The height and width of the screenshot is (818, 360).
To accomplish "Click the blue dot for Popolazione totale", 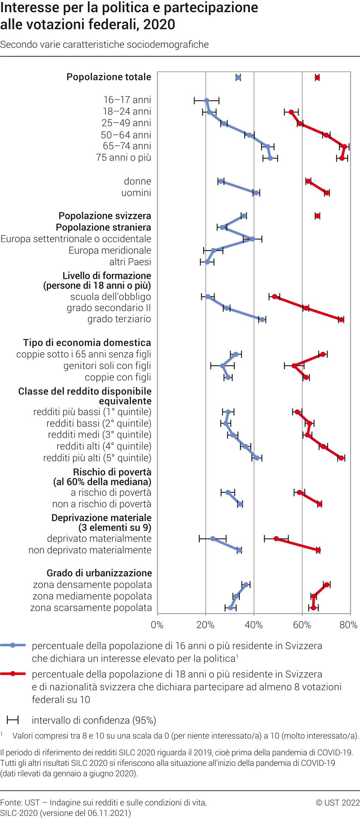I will (x=238, y=78).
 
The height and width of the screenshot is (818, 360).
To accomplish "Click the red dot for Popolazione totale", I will (x=317, y=78).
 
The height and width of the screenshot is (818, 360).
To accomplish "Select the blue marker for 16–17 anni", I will (x=207, y=101).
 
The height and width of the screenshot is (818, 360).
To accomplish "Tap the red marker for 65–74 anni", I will (x=344, y=147).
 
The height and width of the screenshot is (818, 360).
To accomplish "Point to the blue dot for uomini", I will (x=256, y=193).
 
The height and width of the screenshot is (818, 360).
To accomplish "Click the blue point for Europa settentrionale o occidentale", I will (x=252, y=239).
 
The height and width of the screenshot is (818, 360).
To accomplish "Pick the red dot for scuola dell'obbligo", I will (x=275, y=297).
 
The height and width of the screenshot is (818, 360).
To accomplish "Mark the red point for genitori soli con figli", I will (x=294, y=366).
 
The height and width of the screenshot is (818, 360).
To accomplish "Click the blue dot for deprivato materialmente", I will (x=213, y=539).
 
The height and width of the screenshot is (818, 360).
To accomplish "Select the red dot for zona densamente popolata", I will (x=326, y=585).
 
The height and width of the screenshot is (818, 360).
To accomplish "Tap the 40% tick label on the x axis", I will (x=254, y=625).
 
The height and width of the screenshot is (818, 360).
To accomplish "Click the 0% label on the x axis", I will (x=157, y=625).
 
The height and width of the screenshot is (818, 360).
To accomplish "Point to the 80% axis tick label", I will (x=348, y=625).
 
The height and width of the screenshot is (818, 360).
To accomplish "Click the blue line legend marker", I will (x=13, y=645).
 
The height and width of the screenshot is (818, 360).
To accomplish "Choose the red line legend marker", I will (x=13, y=673).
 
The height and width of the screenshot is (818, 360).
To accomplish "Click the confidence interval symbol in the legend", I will (x=13, y=720).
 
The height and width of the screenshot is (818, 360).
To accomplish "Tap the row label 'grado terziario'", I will (x=119, y=319).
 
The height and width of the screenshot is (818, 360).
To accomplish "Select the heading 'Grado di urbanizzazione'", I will (x=99, y=573).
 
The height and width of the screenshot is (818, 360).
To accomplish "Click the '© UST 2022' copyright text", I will (x=337, y=803).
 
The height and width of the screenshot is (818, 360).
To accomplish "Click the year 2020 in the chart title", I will (x=159, y=25).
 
